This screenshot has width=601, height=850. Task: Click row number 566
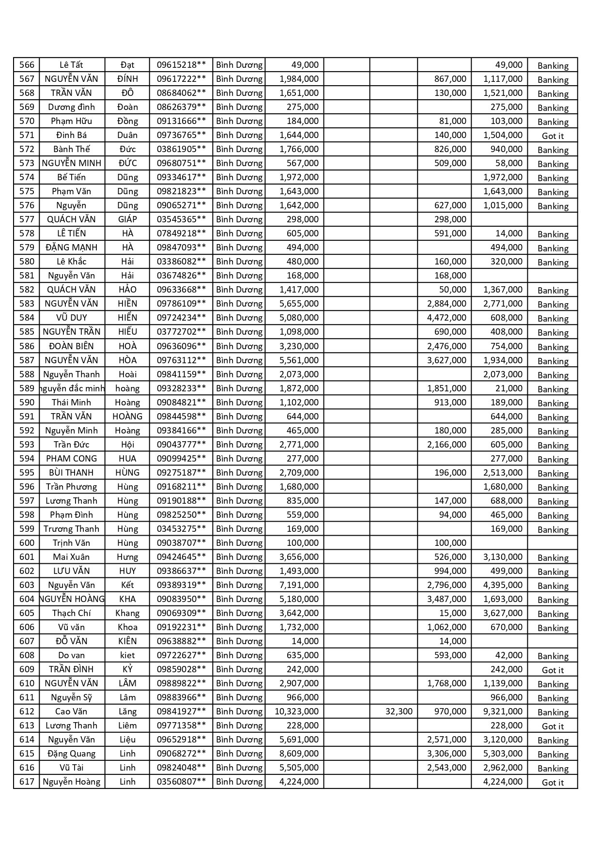pyautogui.click(x=27, y=65)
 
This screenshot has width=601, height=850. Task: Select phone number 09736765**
pyautogui.click(x=181, y=135)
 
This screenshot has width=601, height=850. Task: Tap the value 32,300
pyautogui.click(x=399, y=711)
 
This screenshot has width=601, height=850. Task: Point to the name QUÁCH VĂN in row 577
pyautogui.click(x=71, y=219)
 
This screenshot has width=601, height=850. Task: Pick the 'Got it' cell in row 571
pyautogui.click(x=553, y=136)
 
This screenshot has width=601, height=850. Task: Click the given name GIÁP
pyautogui.click(x=127, y=219)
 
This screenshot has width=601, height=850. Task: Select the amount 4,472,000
pyautogui.click(x=447, y=318)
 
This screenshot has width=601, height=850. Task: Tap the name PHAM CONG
pyautogui.click(x=71, y=459)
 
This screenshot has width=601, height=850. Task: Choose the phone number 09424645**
pyautogui.click(x=181, y=557)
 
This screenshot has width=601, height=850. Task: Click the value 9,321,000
pyautogui.click(x=503, y=711)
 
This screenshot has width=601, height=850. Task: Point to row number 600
pyautogui.click(x=27, y=543)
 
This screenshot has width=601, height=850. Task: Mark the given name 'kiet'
pyautogui.click(x=127, y=655)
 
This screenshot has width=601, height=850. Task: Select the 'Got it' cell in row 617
pyautogui.click(x=553, y=783)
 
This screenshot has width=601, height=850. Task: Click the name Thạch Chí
pyautogui.click(x=71, y=613)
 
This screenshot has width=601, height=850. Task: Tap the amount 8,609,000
pyautogui.click(x=299, y=754)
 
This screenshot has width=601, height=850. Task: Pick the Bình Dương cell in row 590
pyautogui.click(x=239, y=402)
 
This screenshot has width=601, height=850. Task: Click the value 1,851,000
pyautogui.click(x=447, y=388)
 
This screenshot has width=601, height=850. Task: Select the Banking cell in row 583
pyautogui.click(x=553, y=305)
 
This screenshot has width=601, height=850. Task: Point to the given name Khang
pyautogui.click(x=127, y=613)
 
